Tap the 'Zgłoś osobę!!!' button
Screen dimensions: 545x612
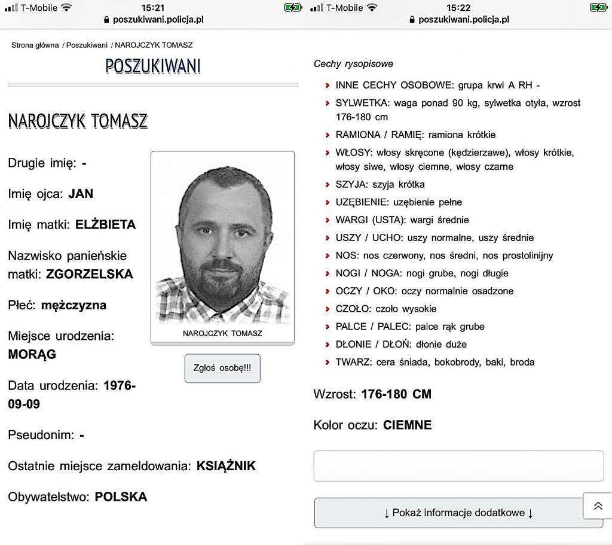(222, 368)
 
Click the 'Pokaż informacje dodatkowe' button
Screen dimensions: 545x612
(458, 513)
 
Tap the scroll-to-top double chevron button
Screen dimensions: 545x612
(598, 506)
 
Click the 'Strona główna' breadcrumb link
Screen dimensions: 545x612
(35, 45)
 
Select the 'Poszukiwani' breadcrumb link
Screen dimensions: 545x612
(87, 45)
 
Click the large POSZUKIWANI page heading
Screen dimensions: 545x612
(153, 66)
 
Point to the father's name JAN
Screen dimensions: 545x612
(81, 194)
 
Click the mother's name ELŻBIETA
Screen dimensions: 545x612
(105, 225)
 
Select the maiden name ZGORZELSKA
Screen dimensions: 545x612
(90, 275)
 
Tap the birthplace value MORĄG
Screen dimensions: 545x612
(32, 354)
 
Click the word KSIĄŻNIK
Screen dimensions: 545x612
(226, 466)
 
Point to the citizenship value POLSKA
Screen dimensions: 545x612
(121, 497)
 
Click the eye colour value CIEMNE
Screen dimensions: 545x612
(407, 425)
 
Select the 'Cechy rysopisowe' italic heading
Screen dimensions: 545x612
(353, 64)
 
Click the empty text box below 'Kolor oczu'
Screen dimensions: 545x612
(458, 466)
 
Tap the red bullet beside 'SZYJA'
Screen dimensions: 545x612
(328, 185)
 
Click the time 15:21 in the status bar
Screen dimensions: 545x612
(153, 8)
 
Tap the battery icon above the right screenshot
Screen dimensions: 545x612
(598, 8)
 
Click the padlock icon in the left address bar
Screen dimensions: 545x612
(107, 19)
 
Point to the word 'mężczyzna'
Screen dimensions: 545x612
(74, 305)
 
